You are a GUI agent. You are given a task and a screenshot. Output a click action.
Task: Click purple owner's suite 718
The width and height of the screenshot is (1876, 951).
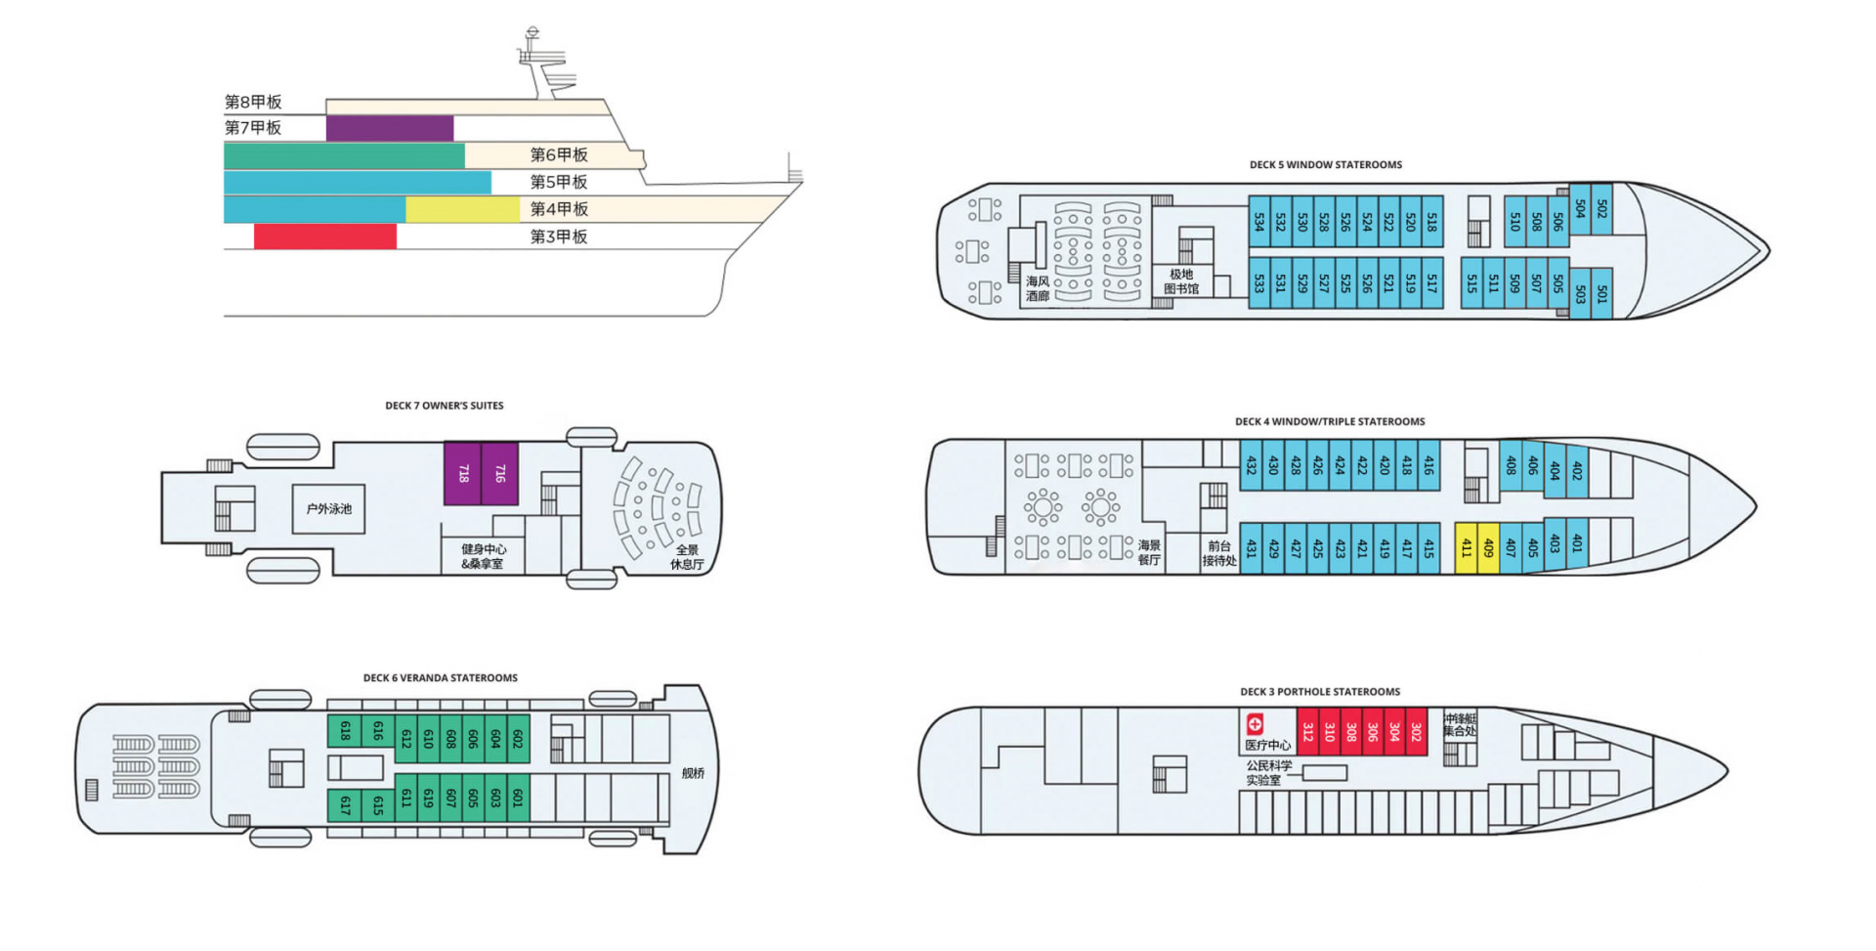(x=462, y=473)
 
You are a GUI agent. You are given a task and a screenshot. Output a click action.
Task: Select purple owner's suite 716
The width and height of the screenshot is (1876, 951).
(x=499, y=473)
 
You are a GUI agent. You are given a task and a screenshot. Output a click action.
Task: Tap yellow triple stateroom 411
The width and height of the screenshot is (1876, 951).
(x=1466, y=548)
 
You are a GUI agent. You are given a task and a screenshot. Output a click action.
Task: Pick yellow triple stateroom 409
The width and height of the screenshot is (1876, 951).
(x=1488, y=548)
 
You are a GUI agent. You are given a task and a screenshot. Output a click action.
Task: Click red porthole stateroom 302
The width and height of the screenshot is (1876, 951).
(x=1416, y=731)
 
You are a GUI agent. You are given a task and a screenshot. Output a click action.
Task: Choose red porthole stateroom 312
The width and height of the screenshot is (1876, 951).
(x=1307, y=731)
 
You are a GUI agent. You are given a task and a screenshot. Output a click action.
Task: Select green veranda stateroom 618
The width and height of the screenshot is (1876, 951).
(x=345, y=730)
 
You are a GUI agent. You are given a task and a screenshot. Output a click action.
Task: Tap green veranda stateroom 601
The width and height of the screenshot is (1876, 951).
(x=518, y=798)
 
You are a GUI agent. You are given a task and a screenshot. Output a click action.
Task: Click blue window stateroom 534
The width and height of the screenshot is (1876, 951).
(x=1259, y=223)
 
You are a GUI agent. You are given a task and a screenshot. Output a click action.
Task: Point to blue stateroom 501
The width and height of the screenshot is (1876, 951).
(x=1601, y=292)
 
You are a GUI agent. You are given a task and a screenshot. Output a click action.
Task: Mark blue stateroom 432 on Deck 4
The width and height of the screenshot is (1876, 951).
(x=1251, y=465)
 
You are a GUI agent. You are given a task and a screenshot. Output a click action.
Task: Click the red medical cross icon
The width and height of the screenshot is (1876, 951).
(x=1255, y=724)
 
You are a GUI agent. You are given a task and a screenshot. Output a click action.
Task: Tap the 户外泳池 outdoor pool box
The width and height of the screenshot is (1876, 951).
(x=329, y=508)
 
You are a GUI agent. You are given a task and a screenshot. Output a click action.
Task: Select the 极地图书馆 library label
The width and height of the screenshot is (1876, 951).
(x=1181, y=281)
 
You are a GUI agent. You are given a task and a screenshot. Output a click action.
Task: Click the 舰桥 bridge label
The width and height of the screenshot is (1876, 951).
(x=693, y=773)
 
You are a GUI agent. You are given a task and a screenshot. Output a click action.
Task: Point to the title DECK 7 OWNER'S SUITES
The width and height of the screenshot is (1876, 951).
(x=445, y=406)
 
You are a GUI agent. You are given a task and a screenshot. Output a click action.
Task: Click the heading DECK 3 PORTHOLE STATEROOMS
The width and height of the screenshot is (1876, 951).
(x=1320, y=692)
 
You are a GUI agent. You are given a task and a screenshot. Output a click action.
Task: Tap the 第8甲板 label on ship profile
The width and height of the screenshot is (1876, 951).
(x=253, y=102)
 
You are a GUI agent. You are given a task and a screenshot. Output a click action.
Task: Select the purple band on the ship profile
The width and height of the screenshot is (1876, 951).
(x=389, y=128)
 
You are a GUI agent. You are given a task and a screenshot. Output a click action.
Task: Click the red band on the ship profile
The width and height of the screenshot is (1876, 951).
(x=324, y=237)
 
